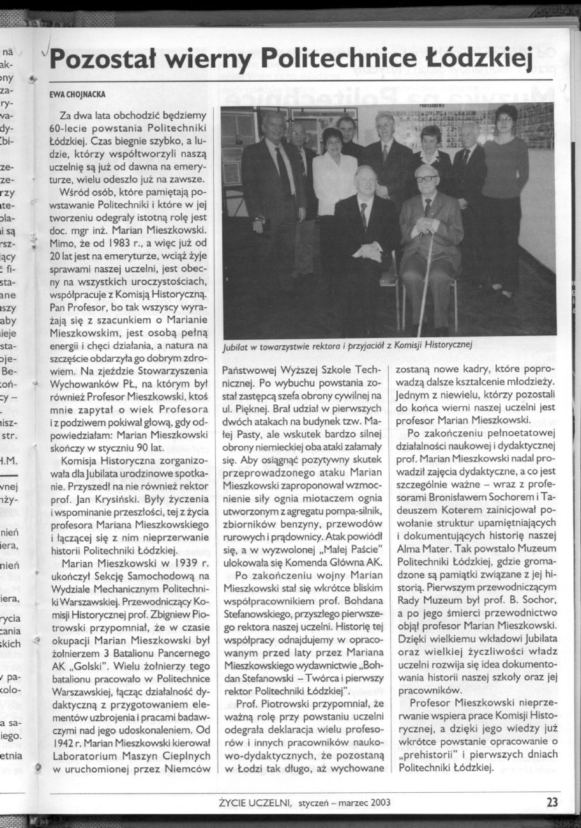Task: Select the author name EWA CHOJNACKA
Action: (x=77, y=95)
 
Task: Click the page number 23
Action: (x=552, y=802)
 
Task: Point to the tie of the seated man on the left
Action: (x=363, y=215)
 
